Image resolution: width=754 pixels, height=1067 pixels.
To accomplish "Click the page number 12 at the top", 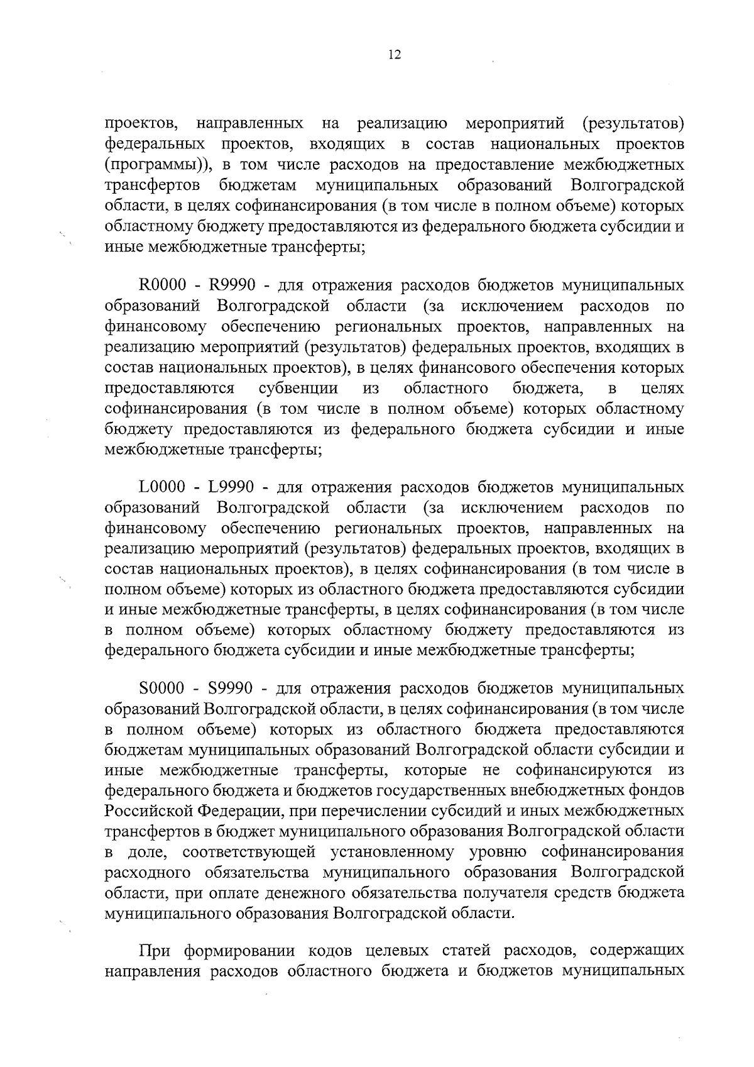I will (x=394, y=55).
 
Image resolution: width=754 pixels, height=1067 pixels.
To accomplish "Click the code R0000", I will (x=162, y=286).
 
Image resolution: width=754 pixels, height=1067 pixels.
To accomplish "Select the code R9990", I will (x=232, y=286).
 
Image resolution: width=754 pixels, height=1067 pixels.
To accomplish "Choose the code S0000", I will (x=161, y=688).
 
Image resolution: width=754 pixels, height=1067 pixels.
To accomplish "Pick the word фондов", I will (x=659, y=790).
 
